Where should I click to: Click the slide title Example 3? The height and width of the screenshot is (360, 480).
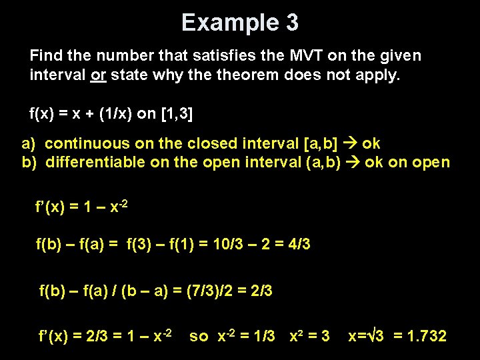coord(240,23)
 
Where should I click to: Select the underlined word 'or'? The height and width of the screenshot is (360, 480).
coord(97,74)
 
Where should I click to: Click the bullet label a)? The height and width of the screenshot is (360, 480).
coord(28,143)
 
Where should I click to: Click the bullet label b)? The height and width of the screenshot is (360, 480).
coord(28,162)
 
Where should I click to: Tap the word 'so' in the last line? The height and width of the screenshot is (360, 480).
coord(199,336)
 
